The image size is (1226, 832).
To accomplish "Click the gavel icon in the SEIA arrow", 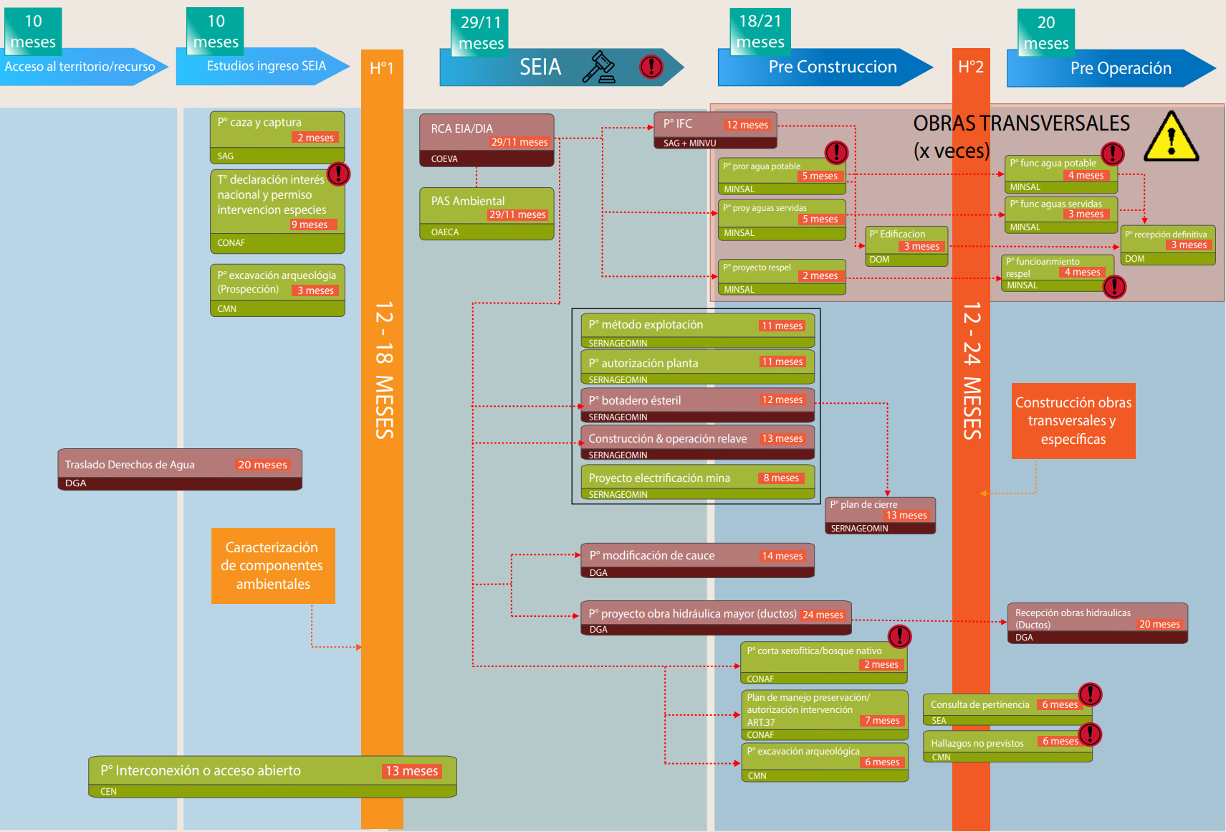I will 599,67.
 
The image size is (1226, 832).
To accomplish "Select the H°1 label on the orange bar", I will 382,68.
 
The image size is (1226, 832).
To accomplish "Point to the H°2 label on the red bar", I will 971,67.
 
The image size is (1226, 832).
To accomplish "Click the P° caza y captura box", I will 277,136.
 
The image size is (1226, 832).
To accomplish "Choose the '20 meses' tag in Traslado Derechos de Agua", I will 262,465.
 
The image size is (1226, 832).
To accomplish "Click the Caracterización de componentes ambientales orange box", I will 273,566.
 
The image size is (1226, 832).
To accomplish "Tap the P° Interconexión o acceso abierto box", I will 272,776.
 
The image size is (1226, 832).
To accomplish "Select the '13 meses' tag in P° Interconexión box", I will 411,771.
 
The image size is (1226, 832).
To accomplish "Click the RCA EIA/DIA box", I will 487,140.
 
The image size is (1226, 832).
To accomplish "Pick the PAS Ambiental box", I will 487,213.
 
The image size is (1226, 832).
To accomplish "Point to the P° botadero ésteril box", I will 697,405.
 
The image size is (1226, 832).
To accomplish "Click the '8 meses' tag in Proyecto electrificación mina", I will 781,478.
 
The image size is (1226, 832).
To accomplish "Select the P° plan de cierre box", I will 880,516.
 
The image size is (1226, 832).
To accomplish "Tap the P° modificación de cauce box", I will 697,560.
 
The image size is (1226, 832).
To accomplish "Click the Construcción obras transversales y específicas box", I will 1073,421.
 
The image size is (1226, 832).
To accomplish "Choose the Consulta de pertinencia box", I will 1007,709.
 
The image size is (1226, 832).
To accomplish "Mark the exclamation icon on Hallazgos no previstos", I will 1090,734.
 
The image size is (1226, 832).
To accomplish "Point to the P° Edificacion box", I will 906,246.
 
